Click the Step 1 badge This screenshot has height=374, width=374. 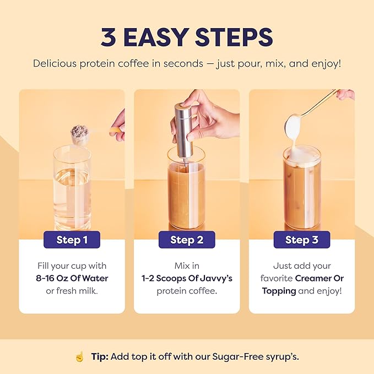[x=72, y=240]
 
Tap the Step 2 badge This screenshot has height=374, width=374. [x=187, y=240]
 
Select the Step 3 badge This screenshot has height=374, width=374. [x=301, y=240]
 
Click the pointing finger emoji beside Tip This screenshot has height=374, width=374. [x=79, y=357]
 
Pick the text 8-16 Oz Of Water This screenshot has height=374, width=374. [x=72, y=278]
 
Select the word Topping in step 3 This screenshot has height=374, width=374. [x=279, y=290]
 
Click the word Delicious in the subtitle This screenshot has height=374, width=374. [x=57, y=63]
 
